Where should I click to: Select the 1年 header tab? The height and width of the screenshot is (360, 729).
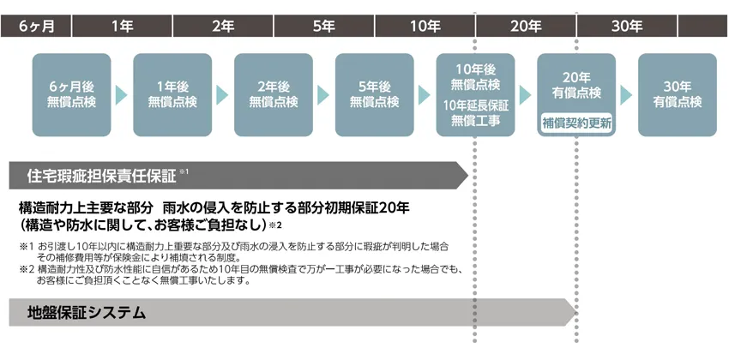coord(121,26)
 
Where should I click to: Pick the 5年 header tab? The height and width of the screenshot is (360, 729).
coord(323,26)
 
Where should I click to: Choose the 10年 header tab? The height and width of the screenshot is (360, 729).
coord(425,26)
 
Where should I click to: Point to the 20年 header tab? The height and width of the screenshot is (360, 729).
coord(526,26)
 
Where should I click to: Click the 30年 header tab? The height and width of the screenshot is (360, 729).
coord(627,26)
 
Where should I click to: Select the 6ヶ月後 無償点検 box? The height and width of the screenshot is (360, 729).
coord(71,94)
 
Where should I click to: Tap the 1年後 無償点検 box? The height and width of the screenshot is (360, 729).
coord(172,94)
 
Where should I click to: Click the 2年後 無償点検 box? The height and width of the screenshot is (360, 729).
coord(274,94)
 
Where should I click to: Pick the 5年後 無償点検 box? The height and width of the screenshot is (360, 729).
coord(375,94)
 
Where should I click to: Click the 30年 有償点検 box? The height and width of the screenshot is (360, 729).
coord(678,94)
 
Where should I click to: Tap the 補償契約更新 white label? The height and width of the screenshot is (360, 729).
coord(576,123)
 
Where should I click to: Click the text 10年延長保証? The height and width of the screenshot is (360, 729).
coord(475,105)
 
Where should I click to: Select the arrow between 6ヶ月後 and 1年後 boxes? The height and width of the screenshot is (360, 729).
coord(122,94)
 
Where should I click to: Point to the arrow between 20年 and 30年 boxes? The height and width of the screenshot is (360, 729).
coord(627,94)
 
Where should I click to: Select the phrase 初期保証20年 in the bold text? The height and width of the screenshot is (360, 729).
coord(382,208)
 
